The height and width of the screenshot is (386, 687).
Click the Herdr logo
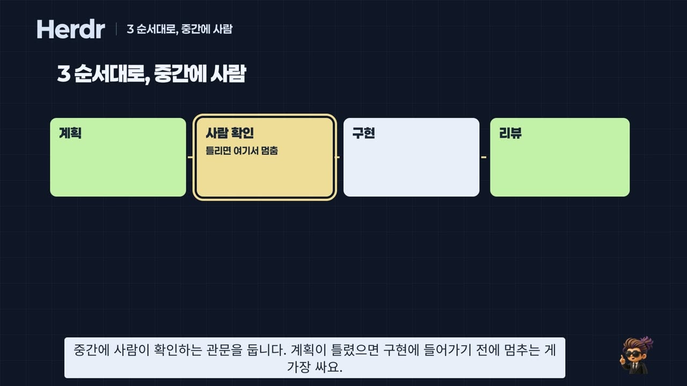[x=71, y=29]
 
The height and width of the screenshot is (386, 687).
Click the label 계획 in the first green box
[x=70, y=133]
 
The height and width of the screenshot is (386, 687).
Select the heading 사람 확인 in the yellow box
[x=230, y=133]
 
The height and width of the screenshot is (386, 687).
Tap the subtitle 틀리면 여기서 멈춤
[x=242, y=151]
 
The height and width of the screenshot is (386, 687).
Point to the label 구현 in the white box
[x=364, y=133]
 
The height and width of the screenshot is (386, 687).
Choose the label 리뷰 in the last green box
[x=510, y=133]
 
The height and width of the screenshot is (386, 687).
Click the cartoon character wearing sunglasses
[x=637, y=355]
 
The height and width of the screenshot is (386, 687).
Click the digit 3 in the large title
[x=64, y=74]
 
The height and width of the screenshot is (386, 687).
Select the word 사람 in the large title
[x=228, y=73]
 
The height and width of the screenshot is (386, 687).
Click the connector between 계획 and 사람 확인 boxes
[x=190, y=157]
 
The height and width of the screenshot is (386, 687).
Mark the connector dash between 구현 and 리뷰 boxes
[x=484, y=157]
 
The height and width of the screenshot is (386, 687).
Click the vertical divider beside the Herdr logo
[x=116, y=29]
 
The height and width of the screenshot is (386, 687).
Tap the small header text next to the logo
[x=180, y=29]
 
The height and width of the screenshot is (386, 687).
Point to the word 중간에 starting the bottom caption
[x=91, y=350]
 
